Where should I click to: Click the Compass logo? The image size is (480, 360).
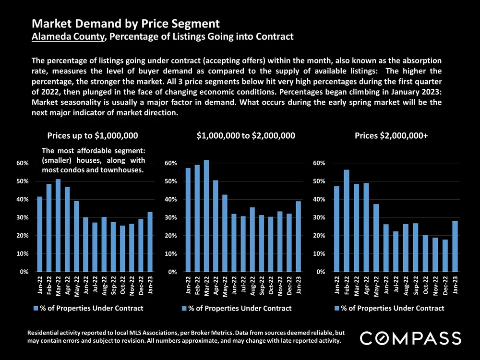coord(410,337)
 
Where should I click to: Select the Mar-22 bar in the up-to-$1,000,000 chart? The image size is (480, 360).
coord(58,226)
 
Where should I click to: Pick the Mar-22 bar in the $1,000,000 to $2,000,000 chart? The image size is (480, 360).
coord(206,216)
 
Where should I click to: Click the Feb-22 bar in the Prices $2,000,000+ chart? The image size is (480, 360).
coord(346,221)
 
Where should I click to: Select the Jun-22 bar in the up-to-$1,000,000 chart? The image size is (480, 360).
coord(85,245)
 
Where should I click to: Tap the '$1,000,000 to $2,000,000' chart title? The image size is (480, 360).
coord(246,136)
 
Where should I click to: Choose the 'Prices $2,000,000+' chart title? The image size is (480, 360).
coord(391,136)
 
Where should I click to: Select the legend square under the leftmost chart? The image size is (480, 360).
coord(36,308)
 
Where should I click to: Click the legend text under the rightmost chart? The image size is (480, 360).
coord(393,308)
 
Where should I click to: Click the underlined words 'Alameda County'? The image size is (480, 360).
coord(68,36)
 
